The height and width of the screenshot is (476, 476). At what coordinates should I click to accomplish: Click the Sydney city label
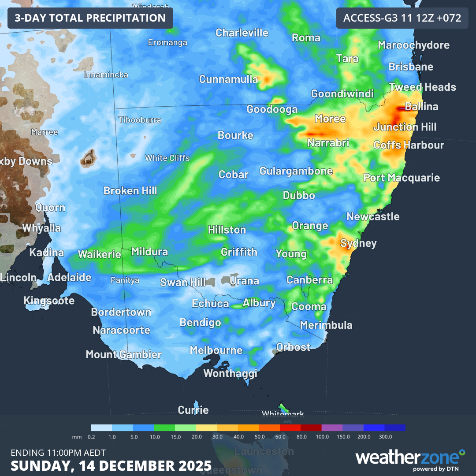point(358,243)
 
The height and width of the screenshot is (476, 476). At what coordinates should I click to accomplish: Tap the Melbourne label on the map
point(216,350)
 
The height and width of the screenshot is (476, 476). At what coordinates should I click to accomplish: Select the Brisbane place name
point(411,67)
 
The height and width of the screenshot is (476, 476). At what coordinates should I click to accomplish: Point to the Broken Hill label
point(130,191)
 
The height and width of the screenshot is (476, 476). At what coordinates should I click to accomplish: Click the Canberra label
point(309,280)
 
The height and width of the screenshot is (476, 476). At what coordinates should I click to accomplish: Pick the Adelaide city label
point(69,278)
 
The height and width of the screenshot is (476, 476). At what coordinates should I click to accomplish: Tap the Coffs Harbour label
point(409,145)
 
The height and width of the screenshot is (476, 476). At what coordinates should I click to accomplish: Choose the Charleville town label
point(242,33)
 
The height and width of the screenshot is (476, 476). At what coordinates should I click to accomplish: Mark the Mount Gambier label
point(123,354)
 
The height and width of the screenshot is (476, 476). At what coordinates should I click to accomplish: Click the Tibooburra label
point(140,120)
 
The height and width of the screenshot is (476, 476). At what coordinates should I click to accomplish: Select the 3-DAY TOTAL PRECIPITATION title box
point(90,18)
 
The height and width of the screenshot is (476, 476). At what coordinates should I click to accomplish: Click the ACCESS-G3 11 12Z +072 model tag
point(402,18)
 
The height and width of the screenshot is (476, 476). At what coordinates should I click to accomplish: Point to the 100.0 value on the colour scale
point(322,437)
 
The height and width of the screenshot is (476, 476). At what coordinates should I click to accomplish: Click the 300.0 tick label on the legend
point(385,437)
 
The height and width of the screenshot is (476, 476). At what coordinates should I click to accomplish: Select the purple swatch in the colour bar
point(332,428)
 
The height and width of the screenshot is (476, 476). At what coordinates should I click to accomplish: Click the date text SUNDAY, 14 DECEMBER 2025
point(111,465)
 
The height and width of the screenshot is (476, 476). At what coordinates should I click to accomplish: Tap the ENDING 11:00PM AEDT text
point(58,453)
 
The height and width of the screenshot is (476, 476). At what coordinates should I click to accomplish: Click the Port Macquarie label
point(402,178)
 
